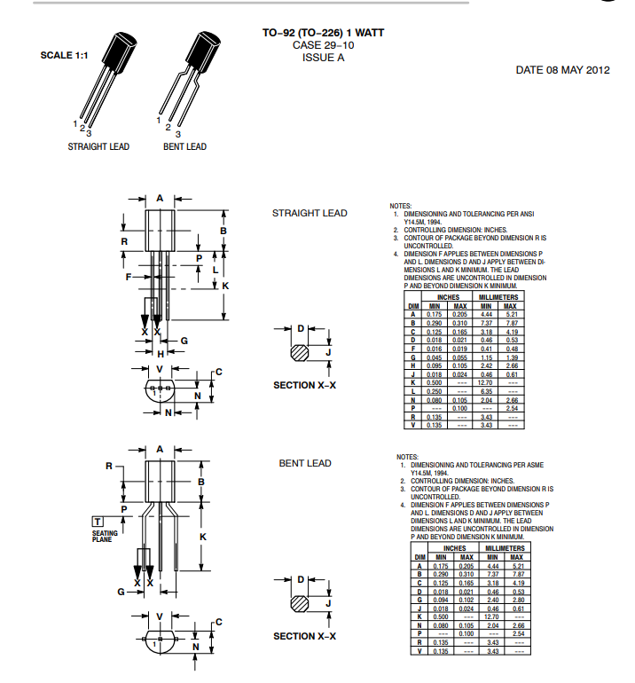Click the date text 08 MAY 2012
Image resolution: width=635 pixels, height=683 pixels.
[x=576, y=70]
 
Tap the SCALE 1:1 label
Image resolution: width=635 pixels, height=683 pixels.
[x=64, y=55]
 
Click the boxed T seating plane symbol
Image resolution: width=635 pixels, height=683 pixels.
[x=98, y=521]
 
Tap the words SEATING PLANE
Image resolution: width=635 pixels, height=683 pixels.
[x=104, y=536]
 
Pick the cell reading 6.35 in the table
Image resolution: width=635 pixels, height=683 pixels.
[x=485, y=391]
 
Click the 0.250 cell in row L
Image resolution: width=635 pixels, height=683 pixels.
[x=435, y=391]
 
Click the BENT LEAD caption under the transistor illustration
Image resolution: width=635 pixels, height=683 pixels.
[x=184, y=147]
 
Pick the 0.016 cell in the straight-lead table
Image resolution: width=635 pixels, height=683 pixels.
[x=435, y=349]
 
